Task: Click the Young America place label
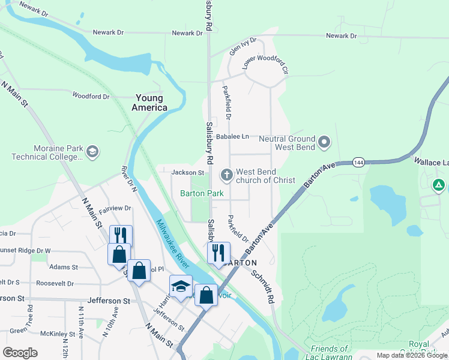click(151, 103)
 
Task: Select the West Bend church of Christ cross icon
click(227, 175)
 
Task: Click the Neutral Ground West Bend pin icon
click(324, 142)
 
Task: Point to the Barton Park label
click(202, 193)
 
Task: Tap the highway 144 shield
click(358, 162)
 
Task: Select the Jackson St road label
click(188, 173)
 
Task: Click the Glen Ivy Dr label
click(243, 46)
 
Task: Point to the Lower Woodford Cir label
click(265, 62)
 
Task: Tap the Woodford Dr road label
click(91, 96)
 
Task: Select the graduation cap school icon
click(181, 286)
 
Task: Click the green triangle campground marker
click(439, 185)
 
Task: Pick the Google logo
click(20, 353)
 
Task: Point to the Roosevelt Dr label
click(55, 283)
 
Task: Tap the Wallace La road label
click(431, 161)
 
